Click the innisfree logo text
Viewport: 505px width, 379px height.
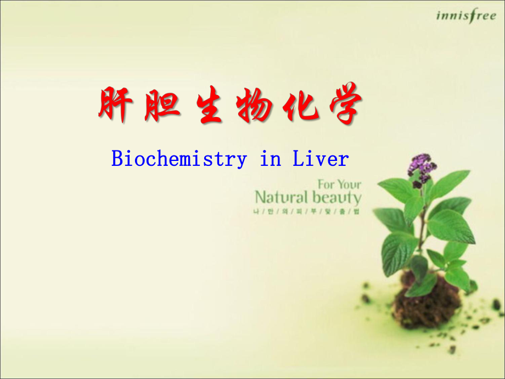click(465, 15)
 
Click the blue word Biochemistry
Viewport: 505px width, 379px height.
click(179, 159)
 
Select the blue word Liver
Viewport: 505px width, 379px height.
click(321, 159)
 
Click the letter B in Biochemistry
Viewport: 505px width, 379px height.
click(117, 159)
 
